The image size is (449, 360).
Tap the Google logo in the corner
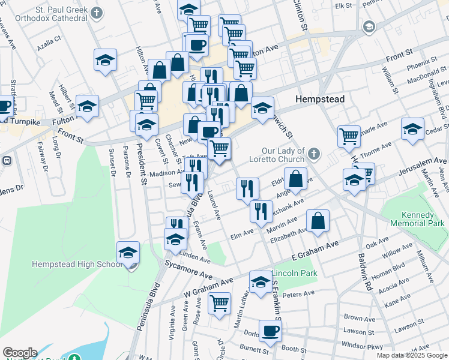point(20,353)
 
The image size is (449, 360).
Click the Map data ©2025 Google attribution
point(412,355)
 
